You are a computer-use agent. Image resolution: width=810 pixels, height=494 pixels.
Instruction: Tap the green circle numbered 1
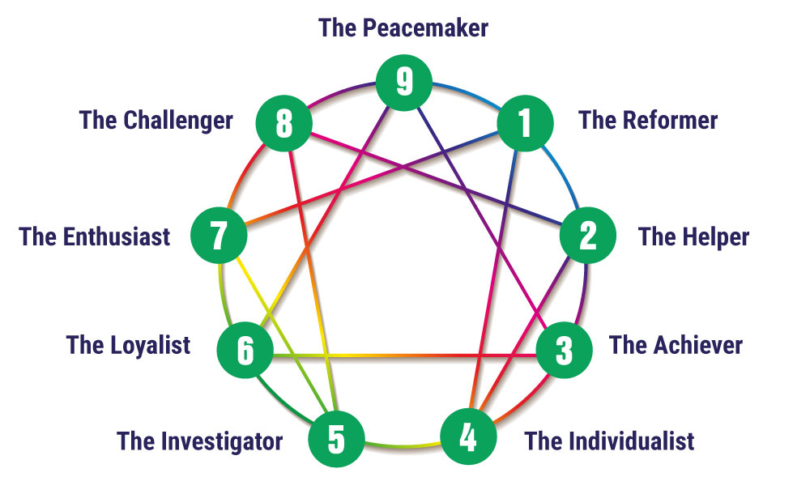coord(525,124)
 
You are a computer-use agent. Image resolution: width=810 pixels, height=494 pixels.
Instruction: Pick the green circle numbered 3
coord(565,351)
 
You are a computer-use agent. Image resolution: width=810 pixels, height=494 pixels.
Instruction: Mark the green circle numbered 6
coord(245,351)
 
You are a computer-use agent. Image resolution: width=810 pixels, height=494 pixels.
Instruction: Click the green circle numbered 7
coord(219,236)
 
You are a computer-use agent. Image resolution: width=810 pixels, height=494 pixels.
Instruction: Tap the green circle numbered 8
coord(283,124)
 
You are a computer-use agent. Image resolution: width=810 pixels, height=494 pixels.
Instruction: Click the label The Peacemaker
coord(403,28)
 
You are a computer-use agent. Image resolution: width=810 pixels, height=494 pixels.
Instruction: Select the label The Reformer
coord(648,121)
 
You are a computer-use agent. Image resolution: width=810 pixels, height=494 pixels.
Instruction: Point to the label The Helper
coord(693,236)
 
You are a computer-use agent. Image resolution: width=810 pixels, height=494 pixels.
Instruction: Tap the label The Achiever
coord(676,345)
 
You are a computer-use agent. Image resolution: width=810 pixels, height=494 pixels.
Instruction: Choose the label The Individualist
coord(609,441)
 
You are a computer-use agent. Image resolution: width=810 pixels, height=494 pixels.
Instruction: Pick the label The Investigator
coord(199,442)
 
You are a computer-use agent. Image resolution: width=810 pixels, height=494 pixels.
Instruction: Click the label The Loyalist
coord(129,345)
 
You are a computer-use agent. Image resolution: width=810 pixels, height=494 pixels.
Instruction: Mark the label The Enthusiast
coord(95,236)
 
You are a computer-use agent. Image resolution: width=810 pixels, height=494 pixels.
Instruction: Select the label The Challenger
coord(156,121)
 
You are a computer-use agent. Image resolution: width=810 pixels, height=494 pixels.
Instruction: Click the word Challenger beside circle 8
coord(178,121)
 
